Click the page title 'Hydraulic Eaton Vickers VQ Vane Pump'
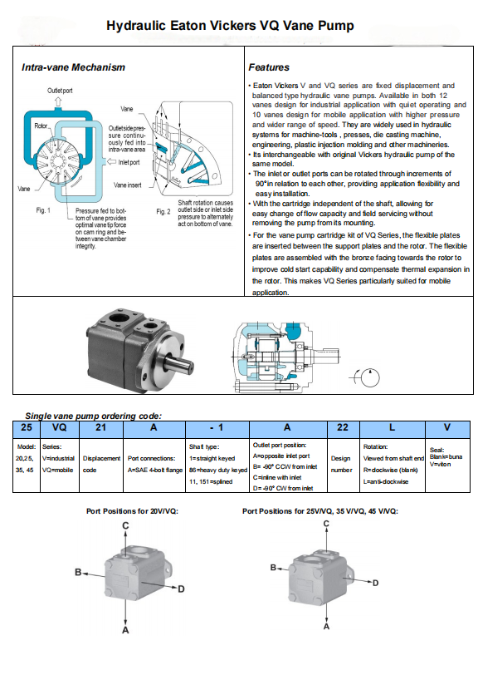point(230,26)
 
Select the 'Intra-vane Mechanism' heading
point(73,67)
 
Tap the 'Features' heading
point(269,67)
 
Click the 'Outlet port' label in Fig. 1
point(60,91)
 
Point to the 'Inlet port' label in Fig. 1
point(129,162)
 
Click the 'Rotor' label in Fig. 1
point(41,126)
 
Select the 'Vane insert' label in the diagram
point(127,185)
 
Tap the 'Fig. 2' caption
point(163,212)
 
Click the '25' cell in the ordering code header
point(27,427)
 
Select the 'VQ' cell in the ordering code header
point(59,427)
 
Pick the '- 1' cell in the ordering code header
point(217,427)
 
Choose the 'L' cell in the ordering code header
point(392,427)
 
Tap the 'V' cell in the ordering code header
point(447,427)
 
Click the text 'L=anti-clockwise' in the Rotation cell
point(386,481)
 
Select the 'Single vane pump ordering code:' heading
point(93,416)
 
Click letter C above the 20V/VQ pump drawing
point(125,525)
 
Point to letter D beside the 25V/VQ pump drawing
point(375,583)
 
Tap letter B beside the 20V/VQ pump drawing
point(78,572)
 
